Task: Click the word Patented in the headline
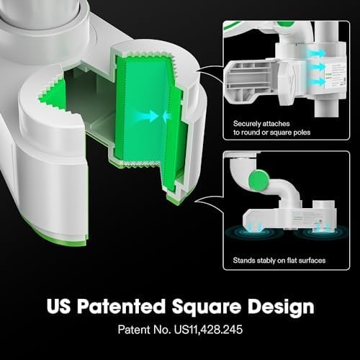pyautogui.click(x=122, y=306)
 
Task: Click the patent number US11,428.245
pyautogui.click(x=208, y=330)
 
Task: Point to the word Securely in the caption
pyautogui.click(x=247, y=124)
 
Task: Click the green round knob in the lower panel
pyautogui.click(x=258, y=179)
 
